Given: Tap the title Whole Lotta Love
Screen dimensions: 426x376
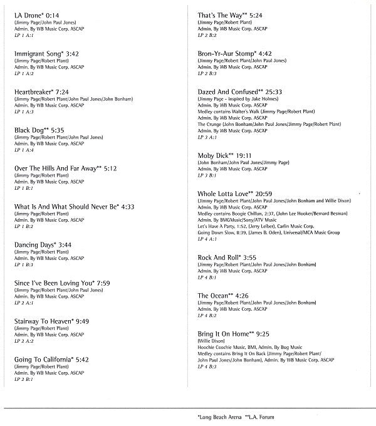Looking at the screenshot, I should click(224, 194).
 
